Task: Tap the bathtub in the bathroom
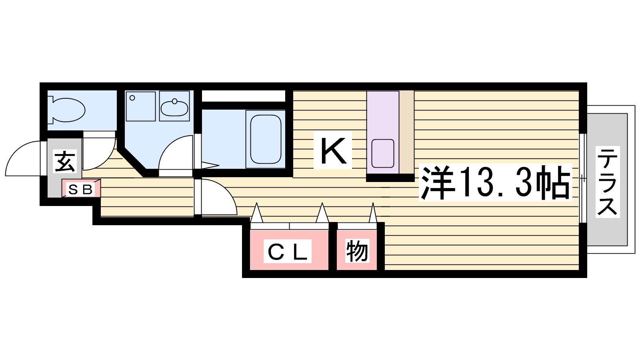(x=266, y=139)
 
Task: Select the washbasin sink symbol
(x=174, y=106)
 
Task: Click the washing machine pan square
(x=140, y=106)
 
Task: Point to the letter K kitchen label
(x=333, y=150)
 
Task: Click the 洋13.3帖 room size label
(x=496, y=182)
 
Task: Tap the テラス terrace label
(x=608, y=182)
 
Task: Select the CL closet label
(x=288, y=251)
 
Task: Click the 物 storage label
(x=357, y=251)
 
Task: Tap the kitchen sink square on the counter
(x=383, y=154)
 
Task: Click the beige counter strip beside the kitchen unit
(x=406, y=132)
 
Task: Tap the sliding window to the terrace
(x=583, y=178)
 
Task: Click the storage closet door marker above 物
(x=372, y=212)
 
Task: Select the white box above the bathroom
(x=244, y=96)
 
